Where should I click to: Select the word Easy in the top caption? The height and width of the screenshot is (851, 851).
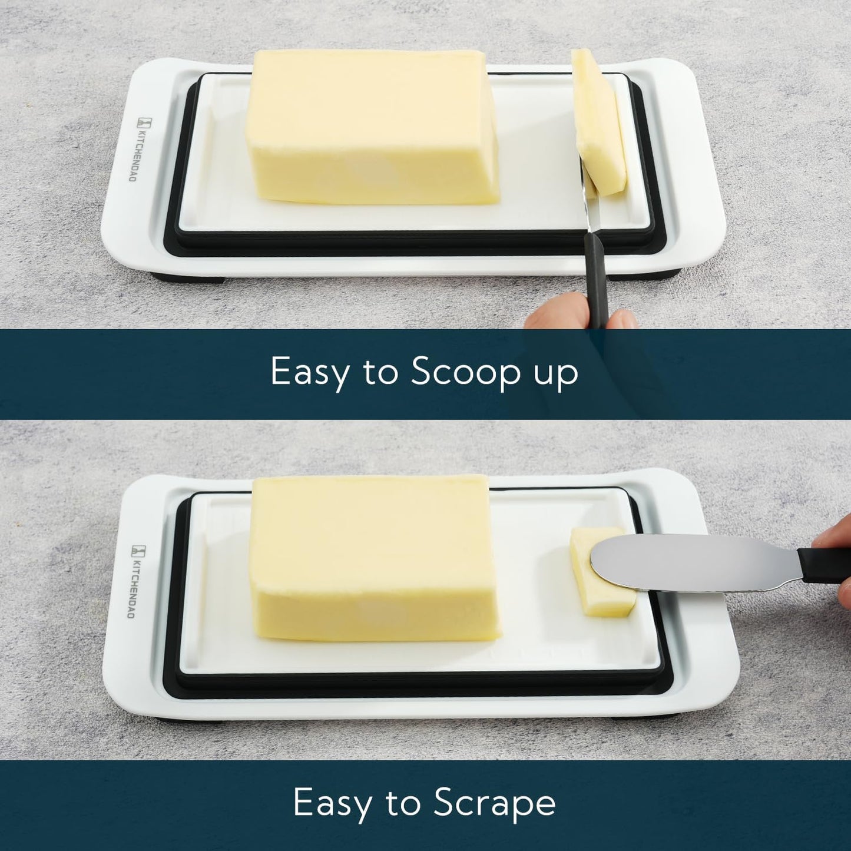[309, 372]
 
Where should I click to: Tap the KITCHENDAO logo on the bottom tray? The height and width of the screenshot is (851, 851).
[134, 581]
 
